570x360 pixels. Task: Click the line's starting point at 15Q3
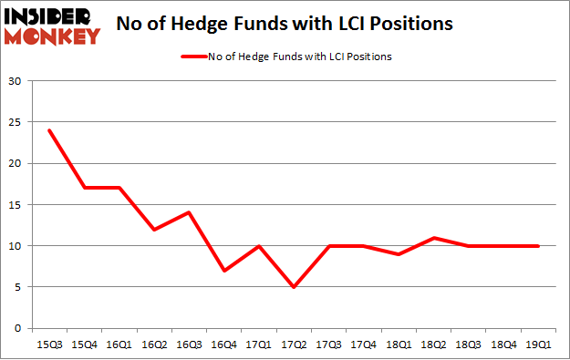(x=49, y=130)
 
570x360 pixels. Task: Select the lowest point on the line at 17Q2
(x=294, y=287)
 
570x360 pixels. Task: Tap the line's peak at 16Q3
(x=189, y=212)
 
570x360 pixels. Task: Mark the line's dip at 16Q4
(x=223, y=271)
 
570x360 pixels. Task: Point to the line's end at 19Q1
(x=538, y=246)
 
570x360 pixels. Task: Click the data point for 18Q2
(x=433, y=238)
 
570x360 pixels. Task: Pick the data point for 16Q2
(x=154, y=229)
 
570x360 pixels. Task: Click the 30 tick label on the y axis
(x=16, y=81)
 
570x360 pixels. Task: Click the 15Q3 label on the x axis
(x=49, y=344)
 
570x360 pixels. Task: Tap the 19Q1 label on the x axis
(x=538, y=344)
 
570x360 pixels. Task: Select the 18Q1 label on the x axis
(x=399, y=344)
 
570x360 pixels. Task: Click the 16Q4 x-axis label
(x=223, y=344)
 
